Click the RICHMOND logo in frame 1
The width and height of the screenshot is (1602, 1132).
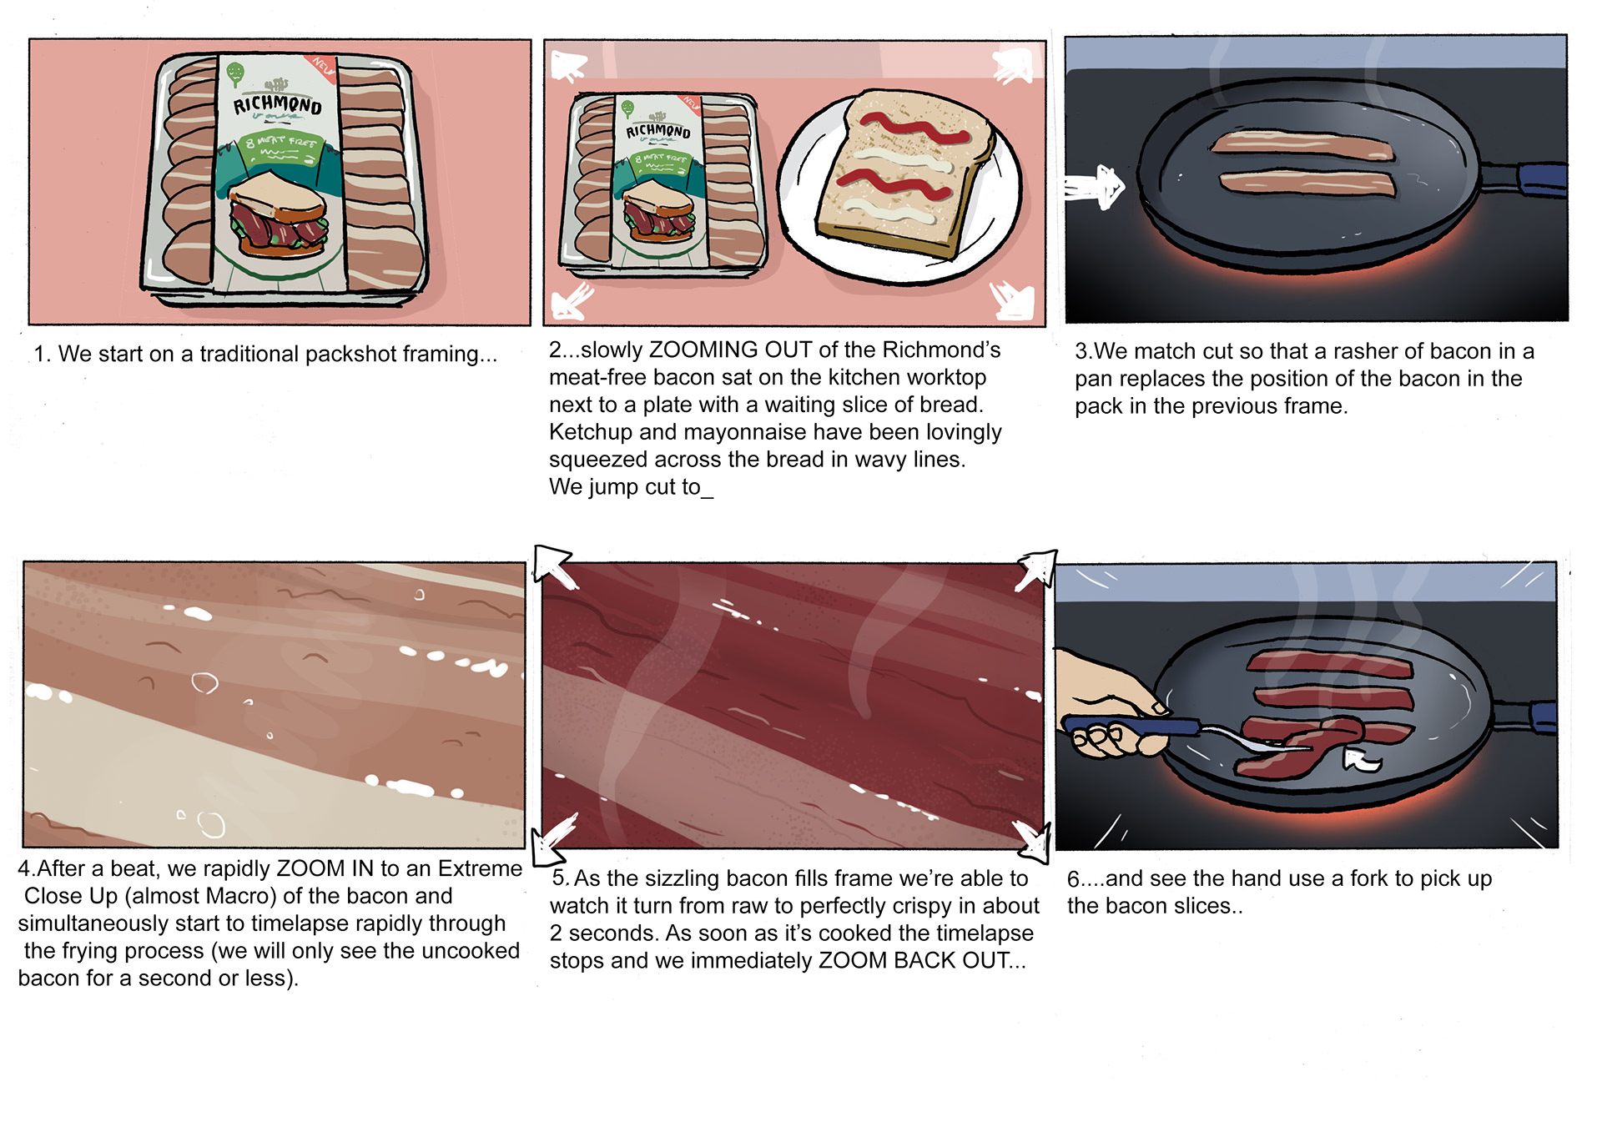(x=277, y=103)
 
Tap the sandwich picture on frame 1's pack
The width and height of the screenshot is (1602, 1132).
(x=278, y=214)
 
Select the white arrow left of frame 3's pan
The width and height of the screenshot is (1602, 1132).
(x=1095, y=187)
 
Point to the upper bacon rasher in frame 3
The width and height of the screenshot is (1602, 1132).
(x=1301, y=145)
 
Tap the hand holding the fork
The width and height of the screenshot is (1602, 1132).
(x=1110, y=705)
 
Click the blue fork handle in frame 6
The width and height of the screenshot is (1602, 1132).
(x=1131, y=726)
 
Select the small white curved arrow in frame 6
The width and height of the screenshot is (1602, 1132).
(x=1361, y=758)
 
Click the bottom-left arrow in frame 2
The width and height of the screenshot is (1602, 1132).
(x=572, y=301)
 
